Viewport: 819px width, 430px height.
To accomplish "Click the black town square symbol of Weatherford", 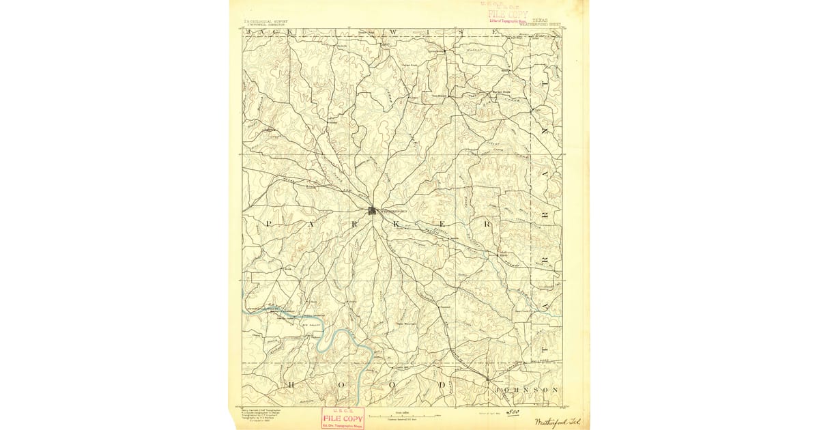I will (373, 210).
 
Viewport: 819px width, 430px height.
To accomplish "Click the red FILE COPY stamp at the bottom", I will (343, 418).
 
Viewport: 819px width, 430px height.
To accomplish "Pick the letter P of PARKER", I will (268, 224).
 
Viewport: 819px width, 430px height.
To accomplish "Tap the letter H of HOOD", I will (291, 386).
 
